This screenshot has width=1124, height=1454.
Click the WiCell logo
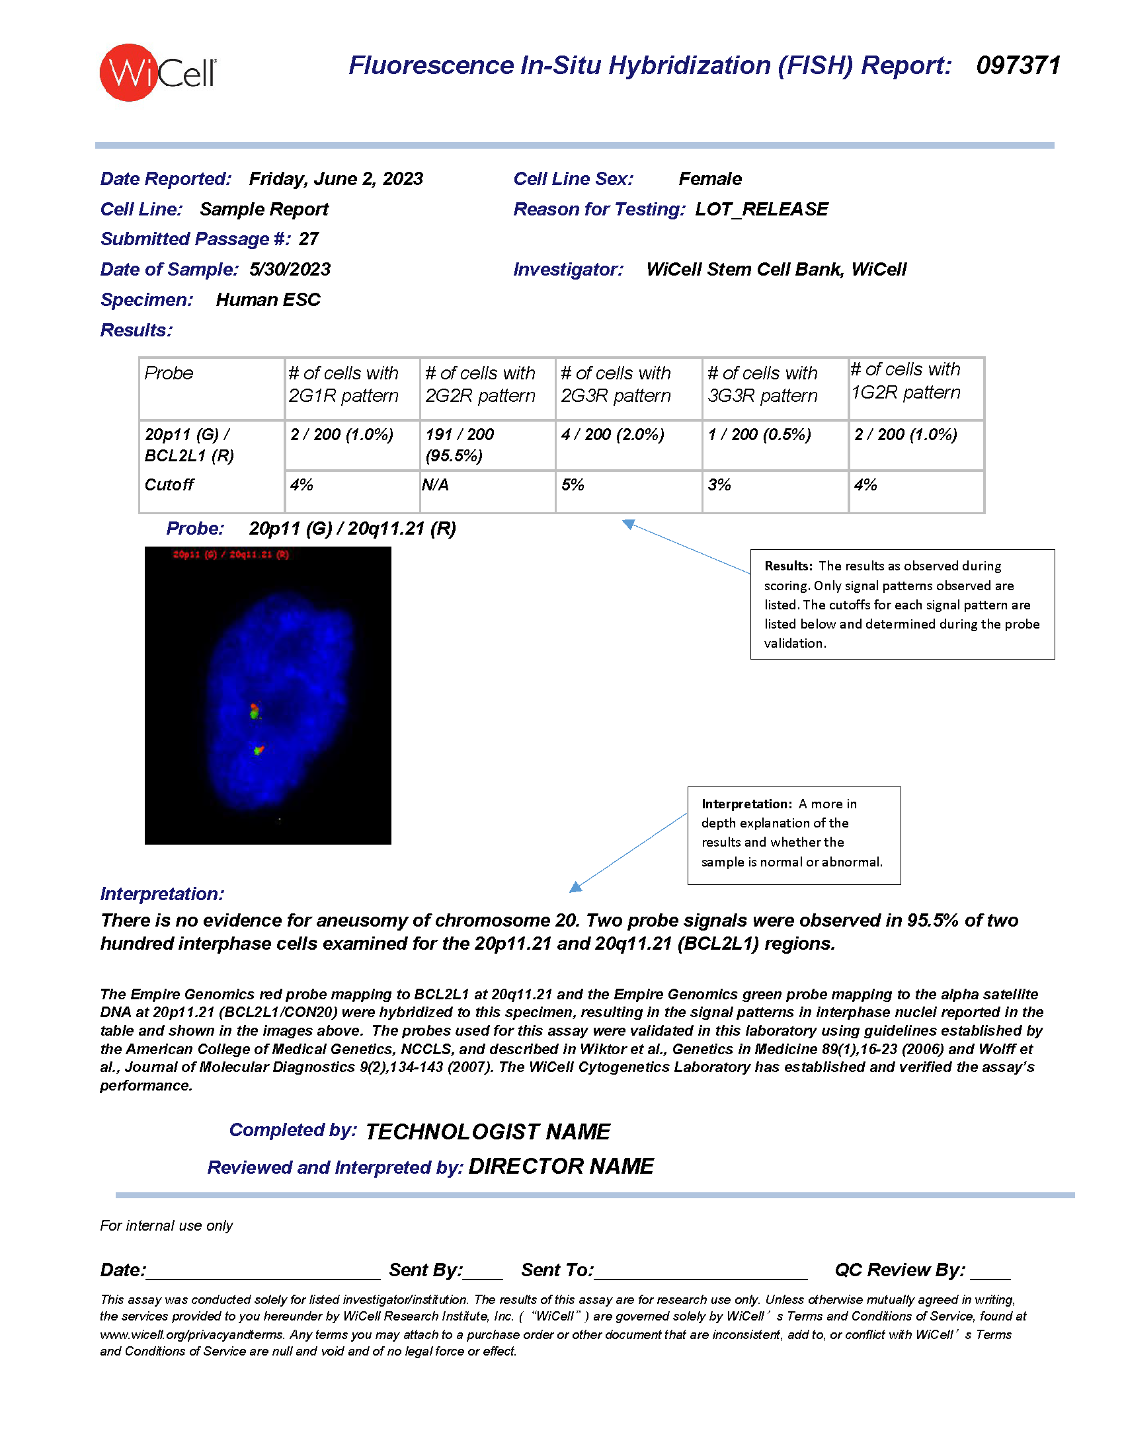tap(157, 73)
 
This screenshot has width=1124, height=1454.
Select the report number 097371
tap(1018, 66)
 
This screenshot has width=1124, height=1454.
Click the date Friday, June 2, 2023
tap(336, 179)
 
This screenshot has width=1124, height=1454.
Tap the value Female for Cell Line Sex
tap(709, 179)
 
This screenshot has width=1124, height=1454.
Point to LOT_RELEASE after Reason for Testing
tap(761, 210)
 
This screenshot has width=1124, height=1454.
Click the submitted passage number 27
tap(308, 239)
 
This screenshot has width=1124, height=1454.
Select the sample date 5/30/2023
tap(290, 270)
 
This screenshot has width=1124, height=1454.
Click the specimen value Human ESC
tap(268, 300)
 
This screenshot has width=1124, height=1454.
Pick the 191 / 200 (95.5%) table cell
tap(460, 445)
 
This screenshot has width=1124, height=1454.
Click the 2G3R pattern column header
tap(616, 385)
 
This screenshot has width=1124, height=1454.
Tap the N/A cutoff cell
tap(435, 485)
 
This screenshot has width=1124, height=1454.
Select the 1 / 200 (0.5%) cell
tap(759, 435)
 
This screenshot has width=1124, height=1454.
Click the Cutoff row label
tap(169, 485)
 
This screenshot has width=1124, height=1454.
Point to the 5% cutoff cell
tap(573, 485)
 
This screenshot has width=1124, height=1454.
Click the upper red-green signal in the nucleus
tap(254, 711)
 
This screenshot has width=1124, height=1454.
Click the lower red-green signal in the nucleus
tap(259, 750)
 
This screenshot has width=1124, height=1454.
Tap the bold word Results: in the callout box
tap(787, 566)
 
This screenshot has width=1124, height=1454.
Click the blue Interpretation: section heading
tap(162, 894)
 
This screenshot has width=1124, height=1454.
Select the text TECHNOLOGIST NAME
tap(487, 1131)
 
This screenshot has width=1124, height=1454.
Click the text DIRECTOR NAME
tap(561, 1167)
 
